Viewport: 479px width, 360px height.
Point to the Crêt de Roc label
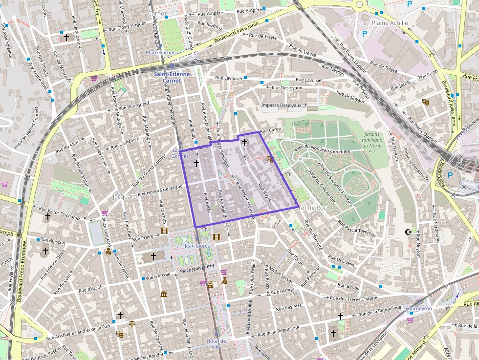pos(310,208)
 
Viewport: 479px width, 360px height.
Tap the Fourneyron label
pos(418,308)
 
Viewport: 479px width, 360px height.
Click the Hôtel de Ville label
pos(216,343)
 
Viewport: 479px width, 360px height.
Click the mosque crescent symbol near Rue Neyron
pos(408,231)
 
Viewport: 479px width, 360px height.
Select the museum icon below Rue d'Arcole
pos(164,294)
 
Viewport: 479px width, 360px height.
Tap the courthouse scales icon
pos(131,323)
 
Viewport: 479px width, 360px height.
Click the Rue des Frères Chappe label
pos(354,298)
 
